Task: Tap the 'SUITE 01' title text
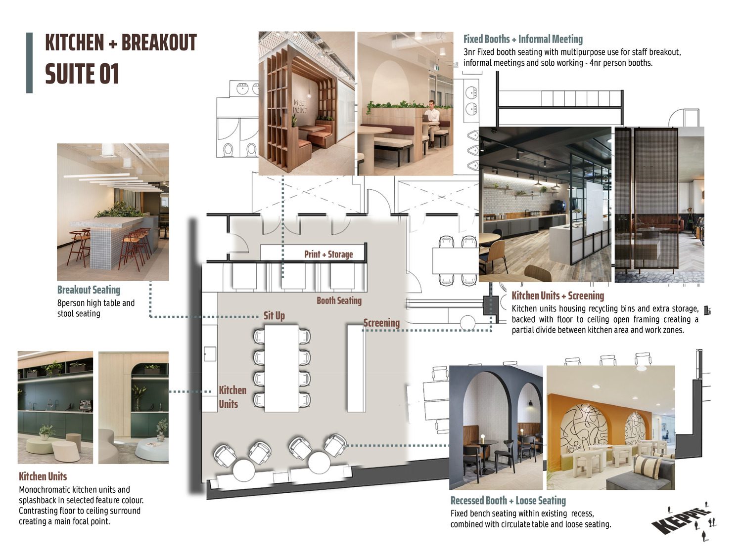click(82, 74)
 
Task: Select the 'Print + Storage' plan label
click(328, 254)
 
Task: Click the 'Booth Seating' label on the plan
click(339, 300)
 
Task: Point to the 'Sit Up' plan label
click(274, 316)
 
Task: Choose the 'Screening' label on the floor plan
click(381, 323)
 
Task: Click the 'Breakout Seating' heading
click(89, 290)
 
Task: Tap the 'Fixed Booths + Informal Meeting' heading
click(523, 39)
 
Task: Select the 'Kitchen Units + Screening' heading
click(558, 296)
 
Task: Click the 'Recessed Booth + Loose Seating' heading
click(508, 500)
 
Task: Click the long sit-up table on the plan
click(281, 368)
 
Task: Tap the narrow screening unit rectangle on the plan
click(356, 368)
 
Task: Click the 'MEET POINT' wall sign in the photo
click(300, 106)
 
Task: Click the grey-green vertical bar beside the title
click(29, 63)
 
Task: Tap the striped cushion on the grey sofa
click(648, 467)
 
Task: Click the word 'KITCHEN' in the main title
click(74, 43)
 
